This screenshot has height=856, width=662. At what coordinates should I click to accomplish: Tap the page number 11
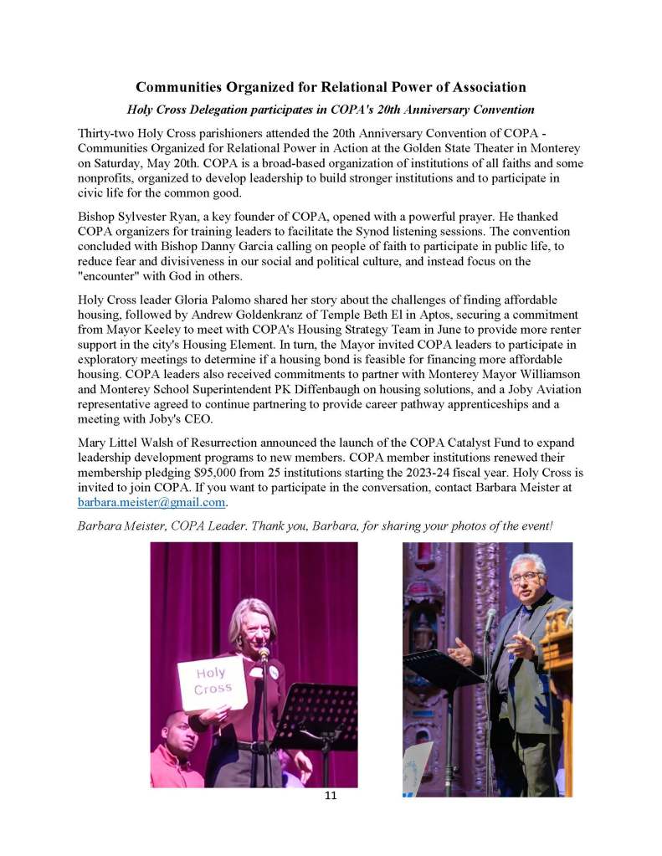coord(331,795)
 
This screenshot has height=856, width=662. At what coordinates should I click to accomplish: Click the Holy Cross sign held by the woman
coord(212,681)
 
